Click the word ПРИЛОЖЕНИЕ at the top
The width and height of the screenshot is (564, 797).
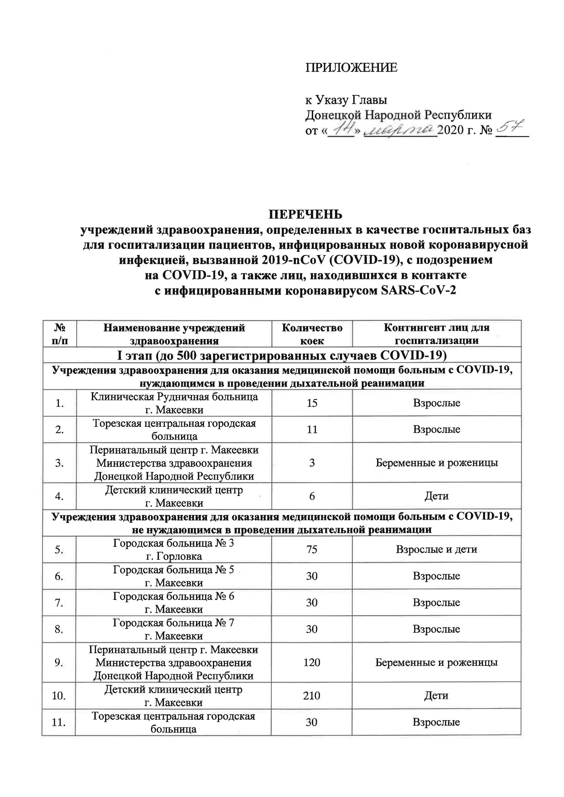[x=351, y=68]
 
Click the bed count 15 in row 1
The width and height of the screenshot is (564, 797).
[x=312, y=403]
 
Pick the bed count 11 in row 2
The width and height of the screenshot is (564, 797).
[x=312, y=429]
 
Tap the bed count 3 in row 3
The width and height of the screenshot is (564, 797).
[x=312, y=463]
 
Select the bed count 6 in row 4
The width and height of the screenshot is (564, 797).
[x=312, y=496]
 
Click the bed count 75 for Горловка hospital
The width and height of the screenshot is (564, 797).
[x=312, y=549]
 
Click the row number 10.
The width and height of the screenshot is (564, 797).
[x=58, y=696]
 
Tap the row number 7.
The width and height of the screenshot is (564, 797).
[x=58, y=603]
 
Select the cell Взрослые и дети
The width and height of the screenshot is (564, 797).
[x=437, y=549]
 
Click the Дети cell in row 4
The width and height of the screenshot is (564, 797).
[x=437, y=496]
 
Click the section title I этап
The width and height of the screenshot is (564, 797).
[x=281, y=355]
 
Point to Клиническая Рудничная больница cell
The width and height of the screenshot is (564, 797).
[x=174, y=403]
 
